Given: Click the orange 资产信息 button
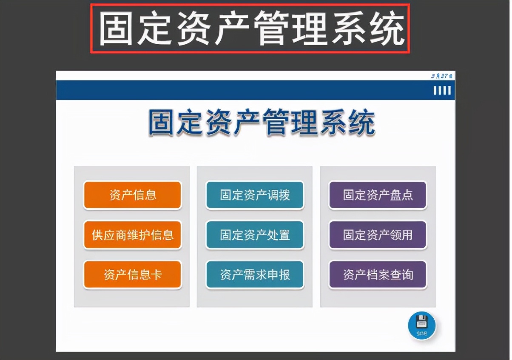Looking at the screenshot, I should [x=132, y=195].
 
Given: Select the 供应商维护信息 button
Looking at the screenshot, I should [x=132, y=235].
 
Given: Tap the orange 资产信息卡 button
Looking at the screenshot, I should [x=132, y=274].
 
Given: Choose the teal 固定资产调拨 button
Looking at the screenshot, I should [x=255, y=195].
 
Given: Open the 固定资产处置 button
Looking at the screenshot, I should [x=255, y=235].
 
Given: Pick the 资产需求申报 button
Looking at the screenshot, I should [x=255, y=274].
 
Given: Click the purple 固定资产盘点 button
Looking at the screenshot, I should [x=378, y=195].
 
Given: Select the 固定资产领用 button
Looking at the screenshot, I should [x=378, y=235].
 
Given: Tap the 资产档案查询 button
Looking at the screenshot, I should [x=378, y=274].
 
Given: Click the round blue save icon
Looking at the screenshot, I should [x=421, y=326].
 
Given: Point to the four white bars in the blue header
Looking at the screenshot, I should [x=442, y=91].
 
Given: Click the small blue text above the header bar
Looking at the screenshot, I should [x=441, y=76].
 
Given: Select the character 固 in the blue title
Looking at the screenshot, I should [x=162, y=123].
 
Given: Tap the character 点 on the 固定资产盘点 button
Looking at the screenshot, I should [x=407, y=195].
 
